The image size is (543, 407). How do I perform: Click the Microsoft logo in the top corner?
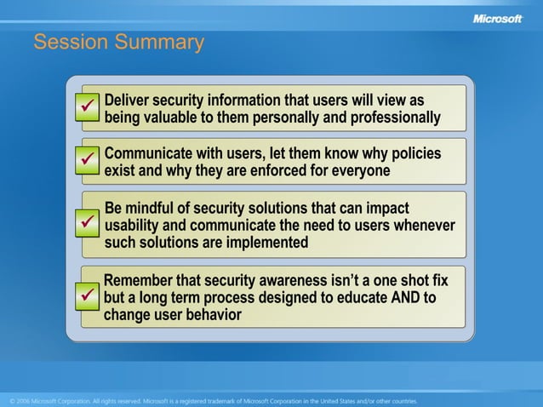[497, 18]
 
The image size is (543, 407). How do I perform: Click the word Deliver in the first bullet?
[129, 100]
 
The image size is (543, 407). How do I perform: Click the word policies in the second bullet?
[414, 153]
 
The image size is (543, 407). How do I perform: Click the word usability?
[133, 226]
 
